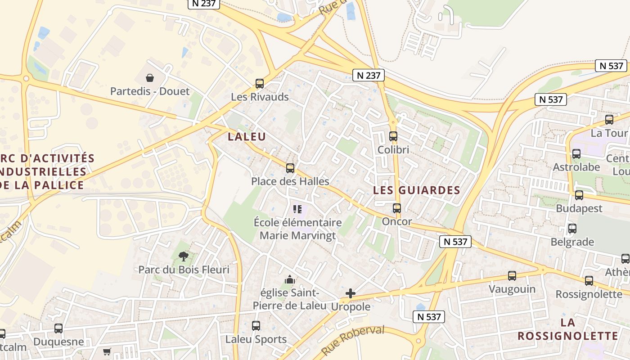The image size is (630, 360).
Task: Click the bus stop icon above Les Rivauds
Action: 260,83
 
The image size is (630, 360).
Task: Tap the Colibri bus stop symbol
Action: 393,136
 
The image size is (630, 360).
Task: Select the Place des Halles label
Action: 290,181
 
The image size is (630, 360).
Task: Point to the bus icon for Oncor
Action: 397,208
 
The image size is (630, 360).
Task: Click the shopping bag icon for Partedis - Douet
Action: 150,78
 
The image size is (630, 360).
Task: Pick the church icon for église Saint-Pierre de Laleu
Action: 289,280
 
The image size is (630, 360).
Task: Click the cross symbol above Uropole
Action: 351,294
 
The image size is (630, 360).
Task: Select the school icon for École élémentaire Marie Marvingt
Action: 297,209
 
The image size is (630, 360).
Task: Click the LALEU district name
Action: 247,137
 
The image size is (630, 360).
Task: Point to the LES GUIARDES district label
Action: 417,190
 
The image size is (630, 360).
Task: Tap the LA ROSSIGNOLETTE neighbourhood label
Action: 568,329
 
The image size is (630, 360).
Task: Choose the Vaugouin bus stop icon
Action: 512,275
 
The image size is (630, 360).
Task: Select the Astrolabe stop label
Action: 576,167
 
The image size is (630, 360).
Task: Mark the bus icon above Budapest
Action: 579,195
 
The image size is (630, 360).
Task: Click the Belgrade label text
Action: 572,242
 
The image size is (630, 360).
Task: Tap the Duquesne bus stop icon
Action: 58,328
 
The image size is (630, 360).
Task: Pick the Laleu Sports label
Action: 256,339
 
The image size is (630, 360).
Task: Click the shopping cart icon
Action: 107,351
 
